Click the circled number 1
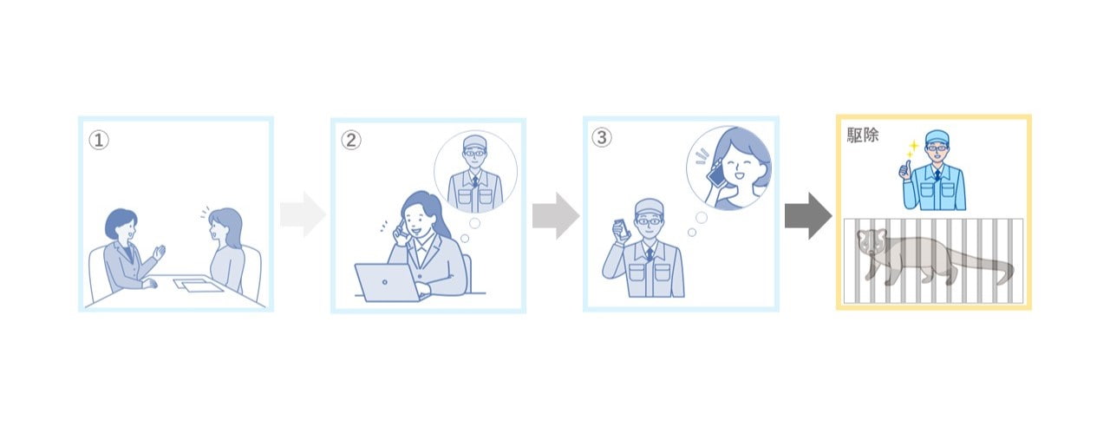tap(99, 140)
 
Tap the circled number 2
tap(351, 140)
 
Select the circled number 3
tap(602, 137)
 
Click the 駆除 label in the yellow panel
tap(862, 135)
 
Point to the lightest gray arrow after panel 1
tap(303, 214)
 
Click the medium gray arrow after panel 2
tap(556, 216)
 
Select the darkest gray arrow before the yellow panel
tap(808, 216)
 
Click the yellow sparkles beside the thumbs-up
tap(912, 148)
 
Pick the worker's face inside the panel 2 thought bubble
tap(474, 155)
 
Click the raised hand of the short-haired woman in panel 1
tap(159, 252)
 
